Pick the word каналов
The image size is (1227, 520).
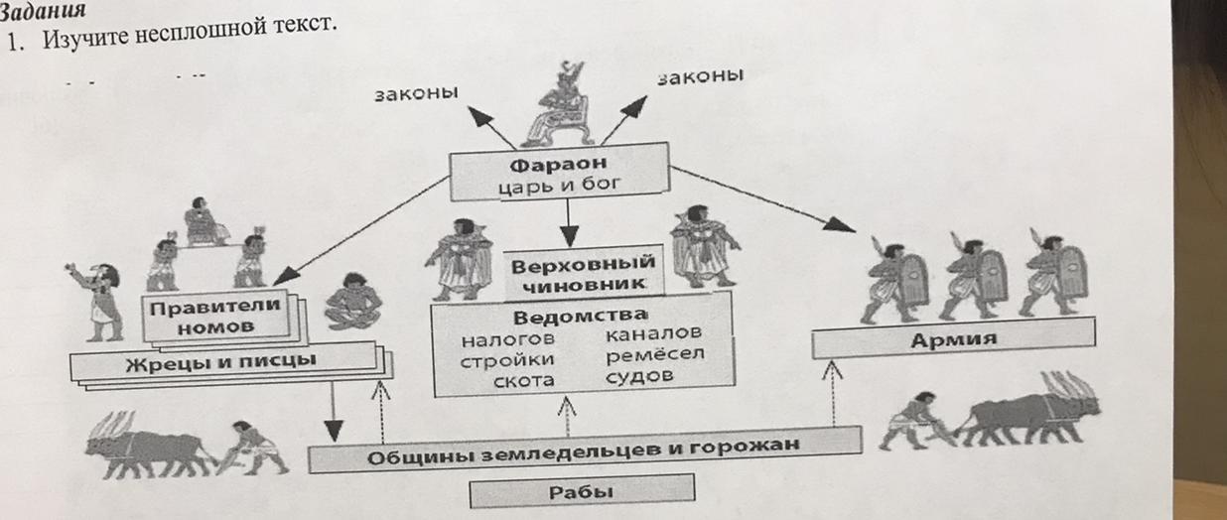point(653,333)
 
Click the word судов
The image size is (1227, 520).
point(639,376)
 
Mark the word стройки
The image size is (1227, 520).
point(507,361)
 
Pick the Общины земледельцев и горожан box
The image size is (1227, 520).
point(583,455)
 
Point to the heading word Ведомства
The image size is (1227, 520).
point(579,318)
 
